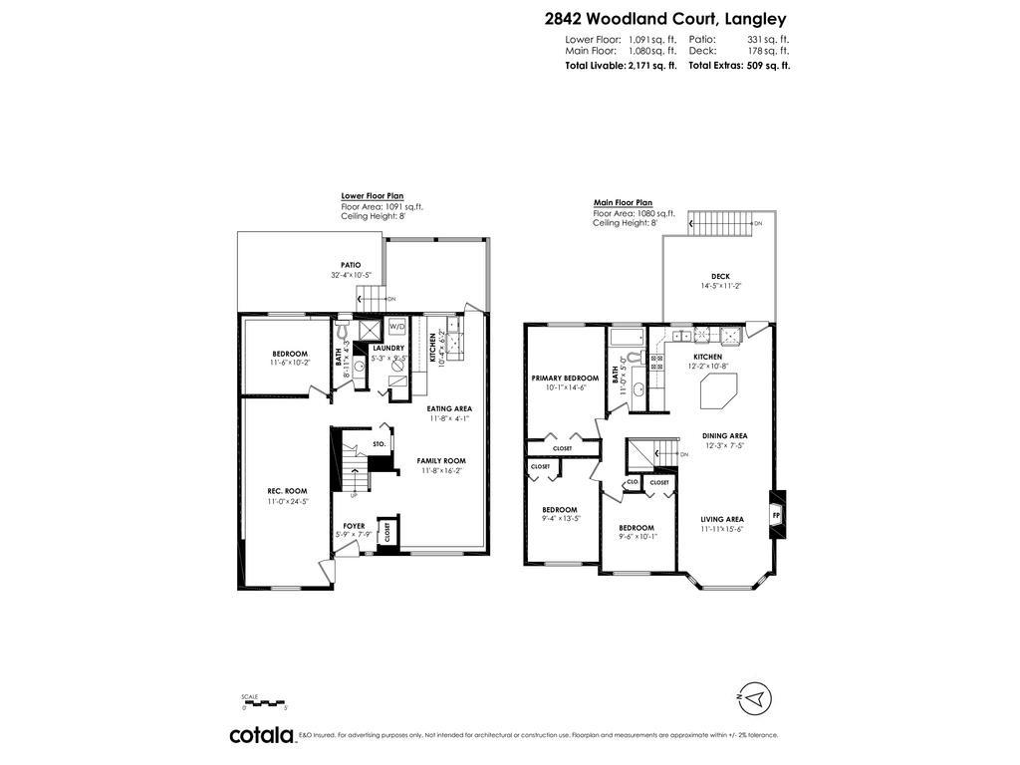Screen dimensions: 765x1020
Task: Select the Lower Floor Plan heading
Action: tap(372, 196)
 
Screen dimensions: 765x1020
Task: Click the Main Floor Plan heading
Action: tap(623, 202)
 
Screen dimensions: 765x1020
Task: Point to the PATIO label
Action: tap(351, 265)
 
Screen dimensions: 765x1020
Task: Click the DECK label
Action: tap(719, 276)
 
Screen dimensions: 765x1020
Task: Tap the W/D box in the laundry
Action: tap(396, 327)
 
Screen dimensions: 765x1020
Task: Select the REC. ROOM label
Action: tap(288, 491)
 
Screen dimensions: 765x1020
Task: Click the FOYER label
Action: tap(354, 525)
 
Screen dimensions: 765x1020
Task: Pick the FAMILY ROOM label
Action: tap(441, 460)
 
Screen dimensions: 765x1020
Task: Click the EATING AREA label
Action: tap(449, 408)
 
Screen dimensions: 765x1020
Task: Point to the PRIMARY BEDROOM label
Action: tap(566, 378)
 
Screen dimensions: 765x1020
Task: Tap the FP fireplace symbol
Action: tap(776, 515)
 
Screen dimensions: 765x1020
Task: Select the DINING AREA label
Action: tap(724, 435)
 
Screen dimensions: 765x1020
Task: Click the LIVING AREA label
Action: tap(722, 519)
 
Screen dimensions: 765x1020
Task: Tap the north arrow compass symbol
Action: tap(756, 697)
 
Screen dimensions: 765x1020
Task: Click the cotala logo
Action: tap(262, 735)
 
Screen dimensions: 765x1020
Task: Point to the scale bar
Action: tap(263, 703)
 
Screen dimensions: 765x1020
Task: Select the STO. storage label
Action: tap(379, 443)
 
